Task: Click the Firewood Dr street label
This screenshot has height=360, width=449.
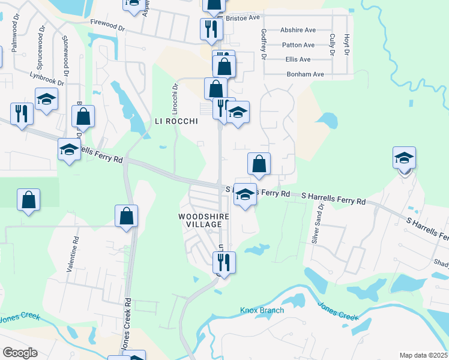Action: pos(108,28)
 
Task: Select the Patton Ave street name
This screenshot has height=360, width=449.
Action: pos(298,45)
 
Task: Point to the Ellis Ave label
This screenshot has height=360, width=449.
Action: pos(298,59)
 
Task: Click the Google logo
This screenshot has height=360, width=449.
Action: pos(20,353)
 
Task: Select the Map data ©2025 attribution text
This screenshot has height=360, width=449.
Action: pos(424,355)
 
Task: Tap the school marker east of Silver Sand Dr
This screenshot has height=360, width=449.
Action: pos(405,158)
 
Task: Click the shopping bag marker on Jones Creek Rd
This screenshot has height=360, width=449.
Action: pos(126,217)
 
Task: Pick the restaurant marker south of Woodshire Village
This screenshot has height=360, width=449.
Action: pos(224,262)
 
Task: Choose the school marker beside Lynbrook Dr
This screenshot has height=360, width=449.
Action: pos(46,100)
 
